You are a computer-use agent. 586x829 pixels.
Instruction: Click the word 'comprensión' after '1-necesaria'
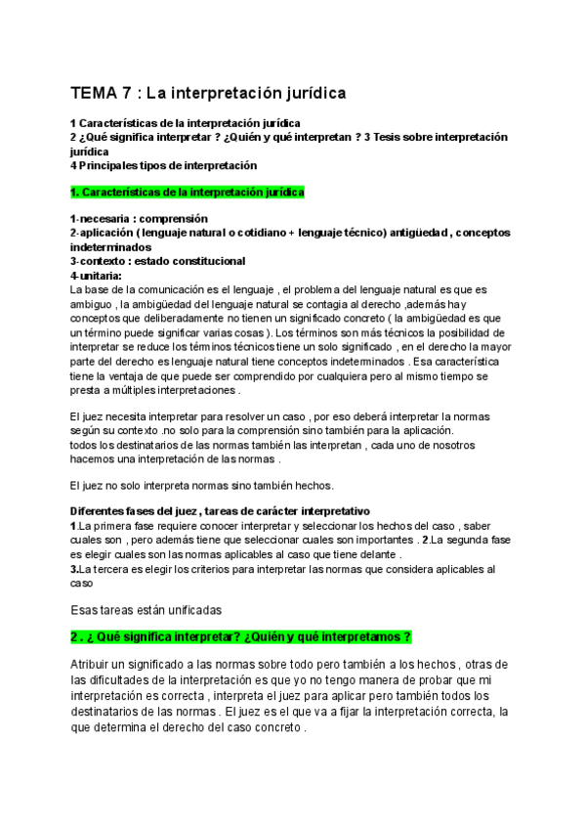pos(175,218)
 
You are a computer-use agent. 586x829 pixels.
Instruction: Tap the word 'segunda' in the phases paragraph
pos(481,539)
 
